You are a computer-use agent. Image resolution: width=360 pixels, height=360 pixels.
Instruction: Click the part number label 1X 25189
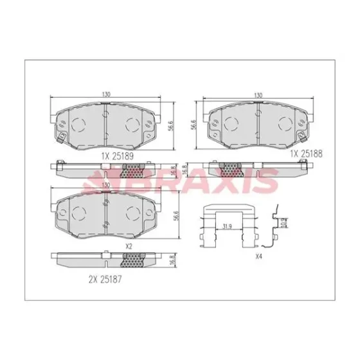click(x=117, y=156)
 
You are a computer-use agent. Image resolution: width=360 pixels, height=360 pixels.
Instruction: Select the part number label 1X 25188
click(x=306, y=154)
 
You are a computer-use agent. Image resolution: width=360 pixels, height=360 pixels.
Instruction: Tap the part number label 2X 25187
click(x=105, y=280)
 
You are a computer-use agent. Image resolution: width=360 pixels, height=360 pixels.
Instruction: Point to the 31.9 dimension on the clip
click(x=227, y=227)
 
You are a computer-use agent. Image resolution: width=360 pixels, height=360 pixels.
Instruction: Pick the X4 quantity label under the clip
click(x=258, y=256)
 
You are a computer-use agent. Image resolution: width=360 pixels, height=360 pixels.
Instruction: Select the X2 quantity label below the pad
click(x=129, y=246)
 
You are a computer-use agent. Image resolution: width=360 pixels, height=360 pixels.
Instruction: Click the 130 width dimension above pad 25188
click(x=258, y=95)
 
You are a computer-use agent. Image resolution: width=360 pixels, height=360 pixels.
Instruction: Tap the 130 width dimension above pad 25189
click(x=106, y=94)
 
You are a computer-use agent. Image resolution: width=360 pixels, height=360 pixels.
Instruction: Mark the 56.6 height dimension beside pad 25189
click(x=170, y=125)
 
